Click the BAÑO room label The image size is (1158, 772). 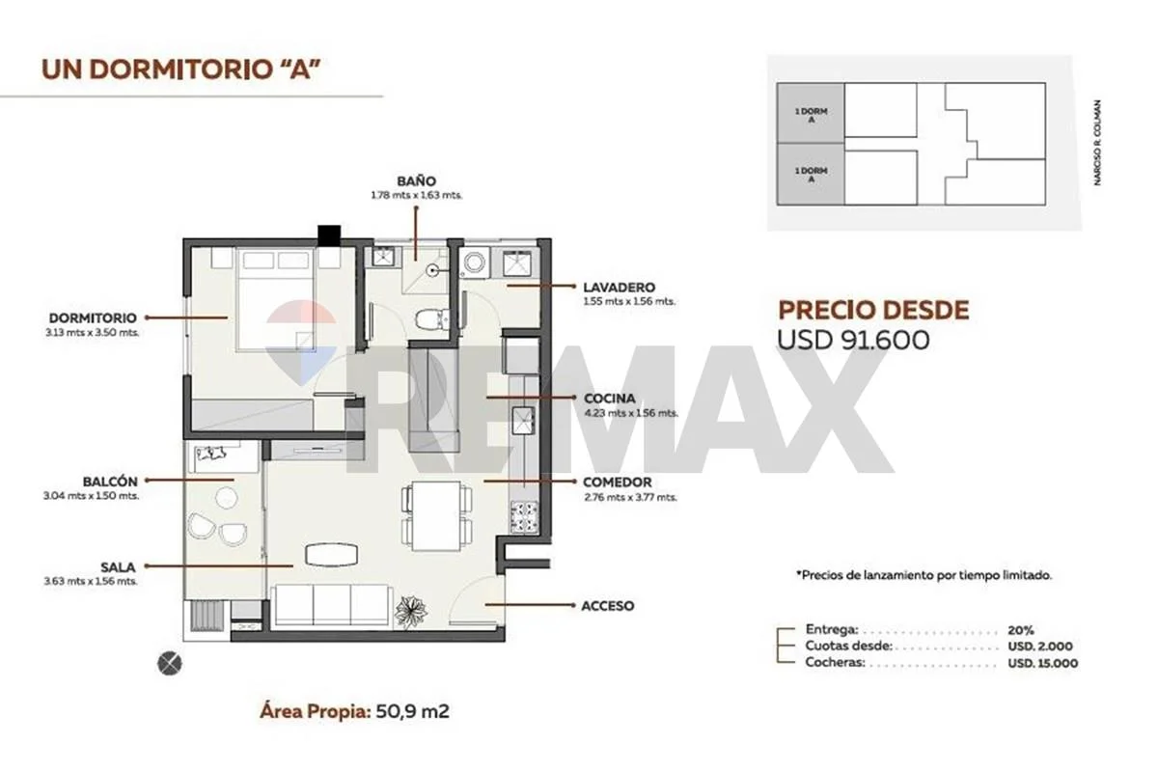click(416, 181)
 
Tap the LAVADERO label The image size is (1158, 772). click(619, 287)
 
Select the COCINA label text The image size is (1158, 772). click(610, 399)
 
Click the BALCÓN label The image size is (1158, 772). click(110, 482)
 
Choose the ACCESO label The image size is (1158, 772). click(607, 605)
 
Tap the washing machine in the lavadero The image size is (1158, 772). click(474, 262)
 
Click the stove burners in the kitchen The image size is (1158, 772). click(524, 517)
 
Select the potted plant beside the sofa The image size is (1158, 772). click(411, 612)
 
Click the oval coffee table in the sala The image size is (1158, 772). click(331, 555)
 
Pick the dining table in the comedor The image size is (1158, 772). click(437, 516)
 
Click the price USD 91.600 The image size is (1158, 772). click(853, 340)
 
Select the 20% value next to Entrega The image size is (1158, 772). click(1021, 630)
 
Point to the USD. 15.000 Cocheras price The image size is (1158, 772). click(1043, 663)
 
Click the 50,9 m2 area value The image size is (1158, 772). click(412, 711)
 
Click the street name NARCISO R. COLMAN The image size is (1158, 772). click(1098, 143)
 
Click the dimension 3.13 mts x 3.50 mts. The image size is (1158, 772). click(92, 333)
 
